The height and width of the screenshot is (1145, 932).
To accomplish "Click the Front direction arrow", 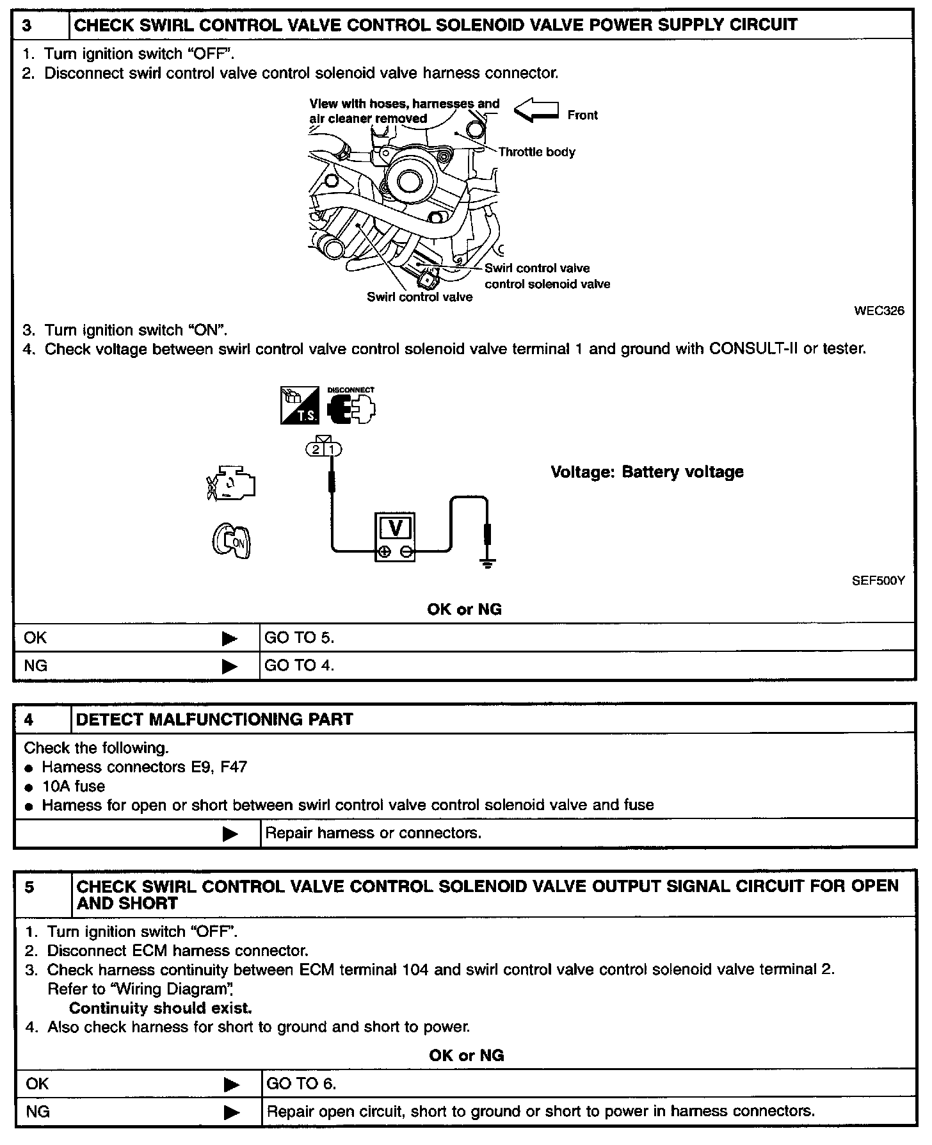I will pyautogui.click(x=536, y=111).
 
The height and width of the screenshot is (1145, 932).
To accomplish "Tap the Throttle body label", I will pyautogui.click(x=536, y=152).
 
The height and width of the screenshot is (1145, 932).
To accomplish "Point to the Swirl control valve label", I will pyautogui.click(x=419, y=297).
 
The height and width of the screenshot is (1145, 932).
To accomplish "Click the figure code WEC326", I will pyautogui.click(x=879, y=311).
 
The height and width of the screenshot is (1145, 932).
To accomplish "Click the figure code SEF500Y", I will pyautogui.click(x=878, y=581).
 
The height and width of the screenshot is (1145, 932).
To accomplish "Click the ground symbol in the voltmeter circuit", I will pyautogui.click(x=488, y=564).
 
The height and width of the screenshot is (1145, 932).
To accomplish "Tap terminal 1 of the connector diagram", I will pyautogui.click(x=332, y=450).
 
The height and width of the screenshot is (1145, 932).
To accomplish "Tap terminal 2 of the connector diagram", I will pyautogui.click(x=316, y=450).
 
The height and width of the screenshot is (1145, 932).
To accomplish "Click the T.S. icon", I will pyautogui.click(x=299, y=405).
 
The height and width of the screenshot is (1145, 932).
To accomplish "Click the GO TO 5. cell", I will pyautogui.click(x=300, y=638).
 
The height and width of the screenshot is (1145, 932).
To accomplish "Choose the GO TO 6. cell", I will pyautogui.click(x=301, y=1084).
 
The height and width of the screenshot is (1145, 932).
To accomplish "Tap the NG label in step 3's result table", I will pyautogui.click(x=36, y=666).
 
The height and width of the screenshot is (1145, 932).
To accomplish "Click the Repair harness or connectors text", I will pyautogui.click(x=373, y=833).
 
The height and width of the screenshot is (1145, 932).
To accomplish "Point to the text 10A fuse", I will pyautogui.click(x=74, y=786).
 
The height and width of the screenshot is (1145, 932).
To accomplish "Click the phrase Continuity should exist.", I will pyautogui.click(x=160, y=1008).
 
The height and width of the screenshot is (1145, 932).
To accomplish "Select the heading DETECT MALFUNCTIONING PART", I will pyautogui.click(x=214, y=719).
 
